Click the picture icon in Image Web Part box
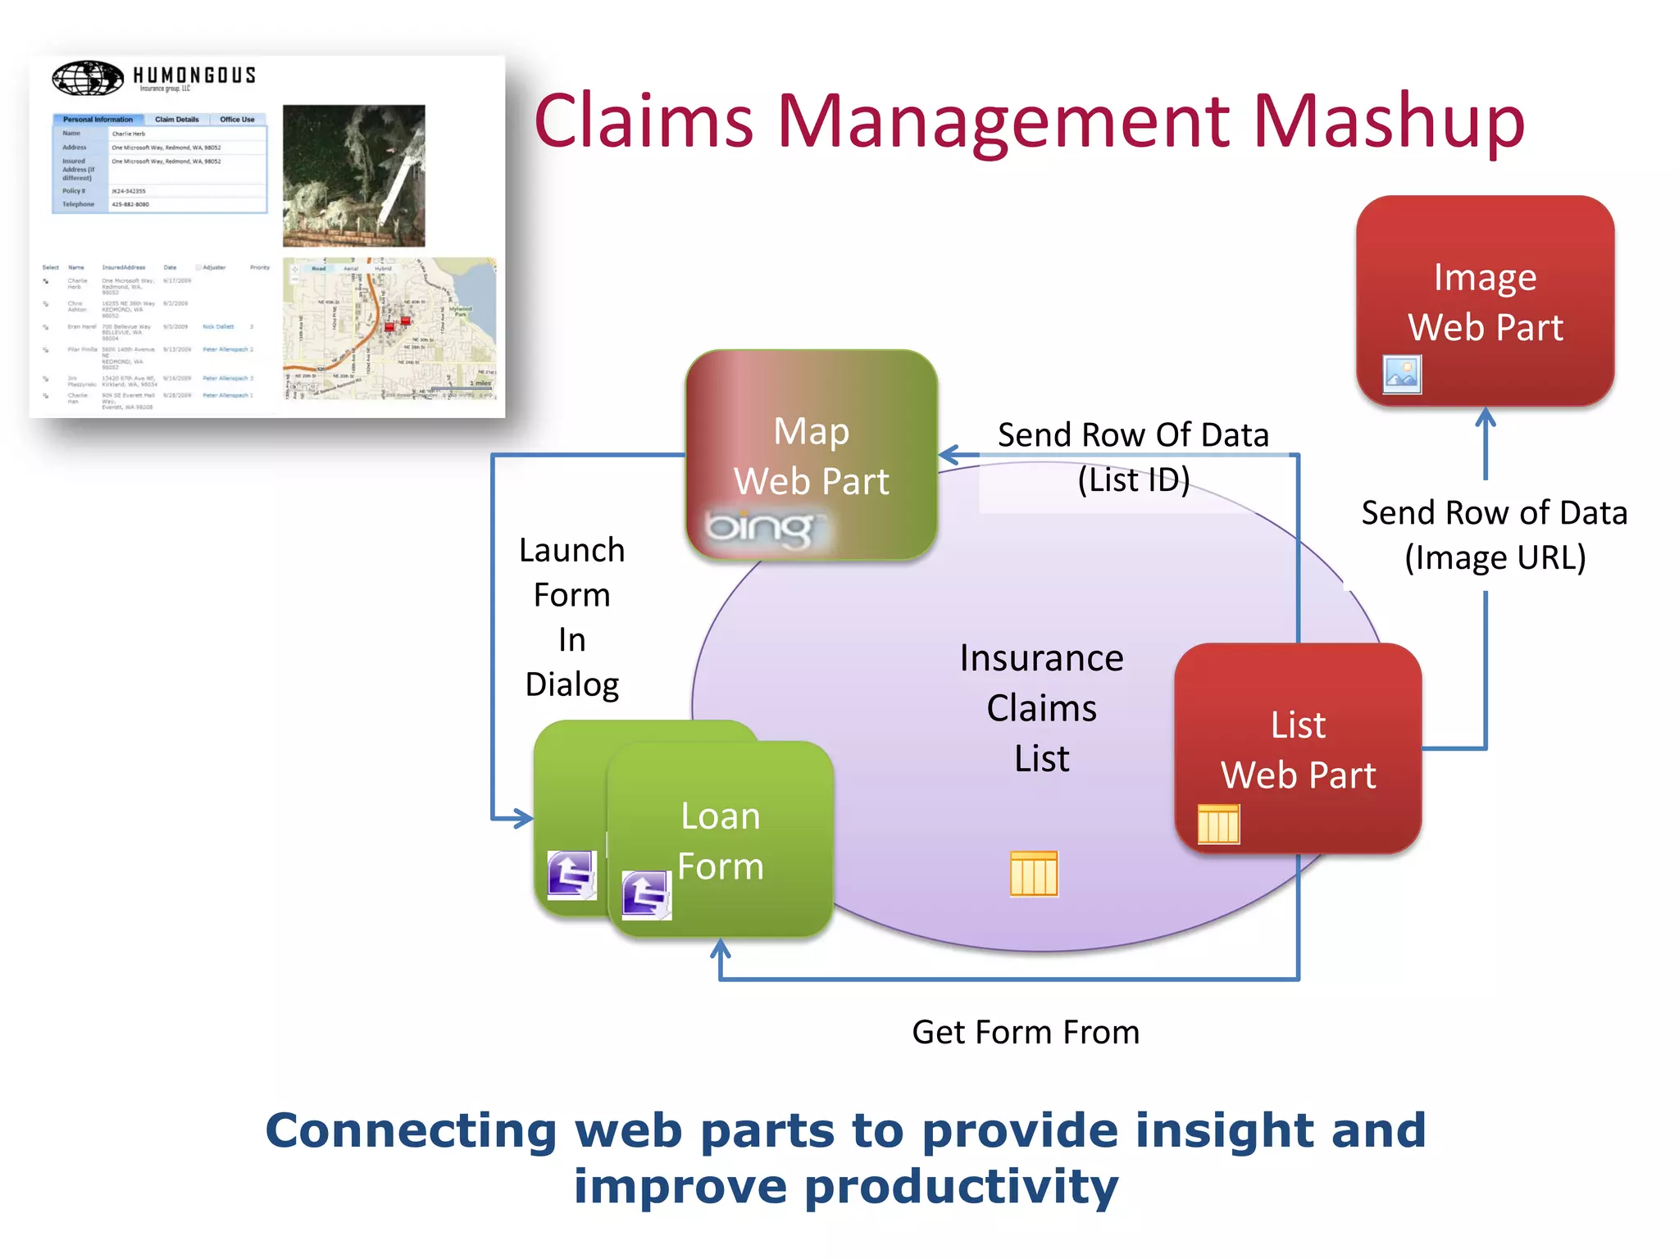1401,374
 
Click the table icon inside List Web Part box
1218,823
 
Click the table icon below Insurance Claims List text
1033,874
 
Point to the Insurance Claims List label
1041,707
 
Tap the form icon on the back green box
571,875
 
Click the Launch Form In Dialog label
571,616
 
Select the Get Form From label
1025,1032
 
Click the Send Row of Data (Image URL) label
1494,534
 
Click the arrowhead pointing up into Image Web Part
1486,417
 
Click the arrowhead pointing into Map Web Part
949,455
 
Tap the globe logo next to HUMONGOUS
88,78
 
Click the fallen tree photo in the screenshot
353,175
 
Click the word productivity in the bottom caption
961,1187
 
